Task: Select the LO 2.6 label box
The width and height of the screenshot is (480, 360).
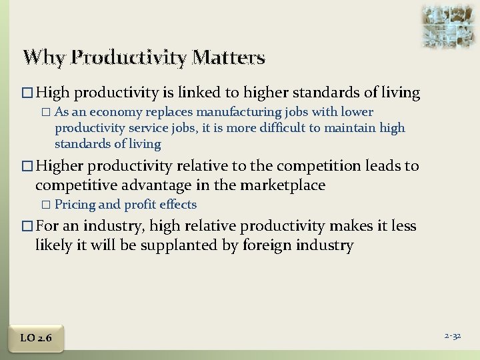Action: [x=36, y=338]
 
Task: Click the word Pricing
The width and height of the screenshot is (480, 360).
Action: [x=75, y=205]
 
